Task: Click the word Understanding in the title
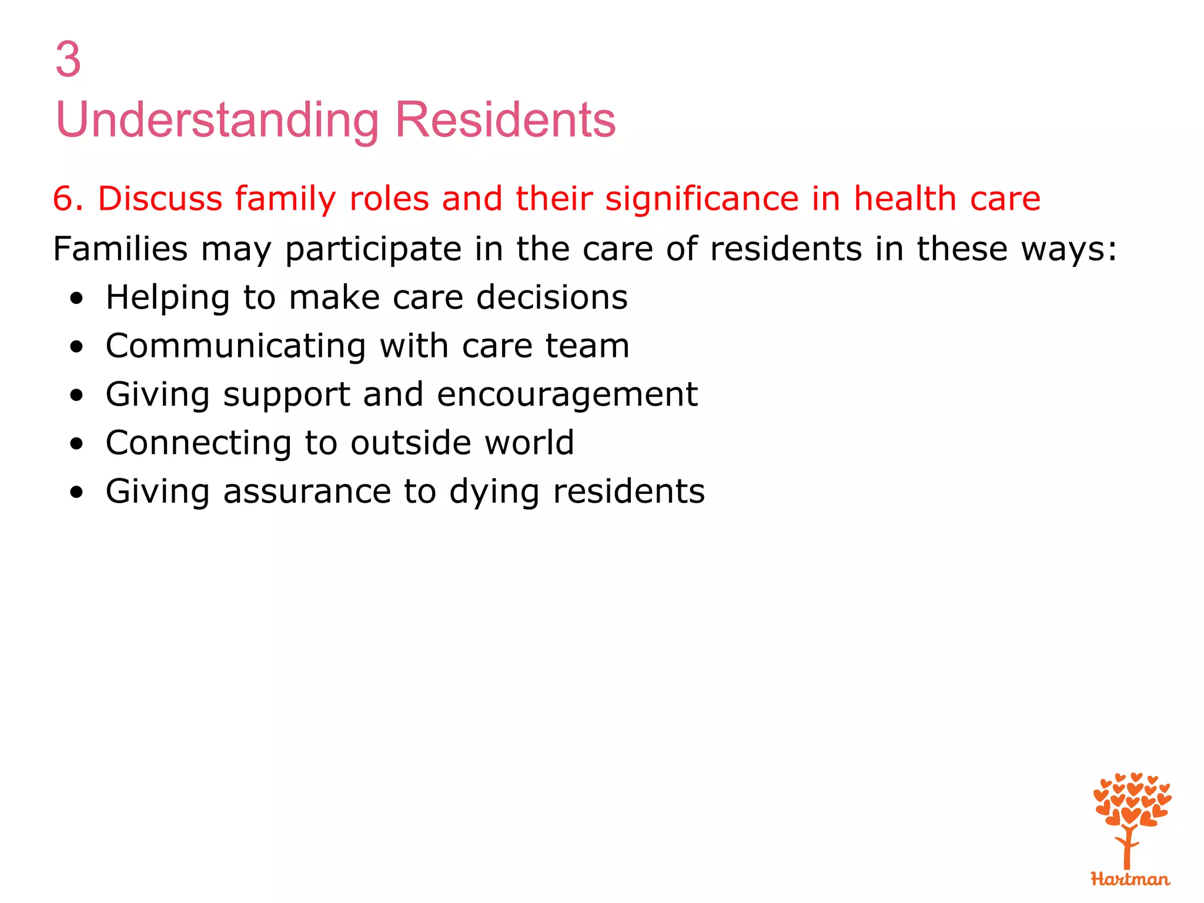(217, 120)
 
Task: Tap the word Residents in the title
(505, 120)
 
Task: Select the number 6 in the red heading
(63, 199)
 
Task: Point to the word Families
(120, 249)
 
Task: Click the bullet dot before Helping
(76, 299)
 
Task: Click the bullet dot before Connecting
(76, 444)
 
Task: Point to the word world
(529, 443)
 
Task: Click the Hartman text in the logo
(1130, 879)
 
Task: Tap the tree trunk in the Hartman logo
(1127, 849)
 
